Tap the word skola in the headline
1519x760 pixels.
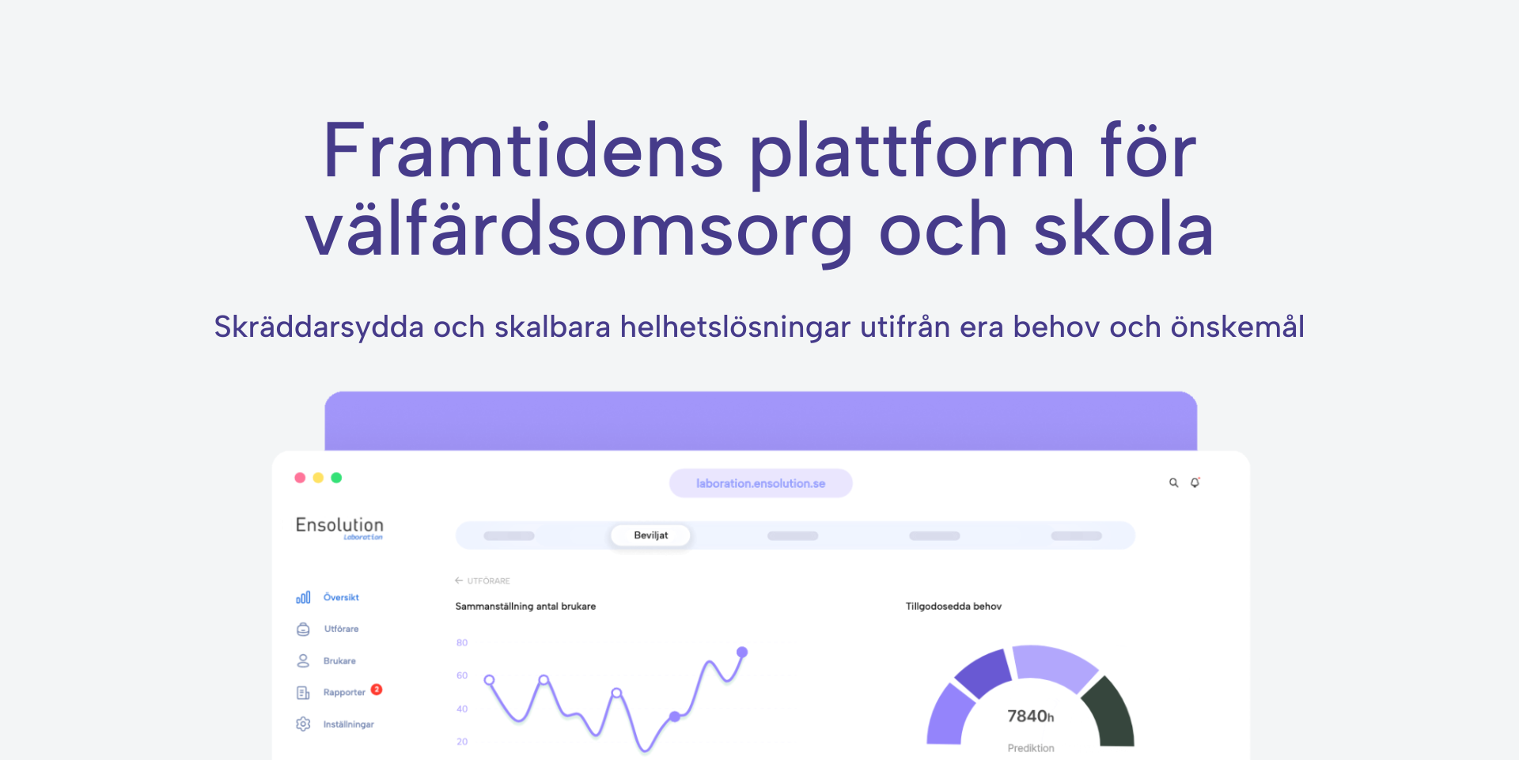tap(1123, 228)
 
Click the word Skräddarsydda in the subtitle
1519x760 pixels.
tap(319, 327)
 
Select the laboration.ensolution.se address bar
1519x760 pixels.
tap(760, 483)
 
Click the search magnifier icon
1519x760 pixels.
tap(1174, 482)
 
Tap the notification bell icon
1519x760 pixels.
tap(1195, 482)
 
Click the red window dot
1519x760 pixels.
tap(300, 478)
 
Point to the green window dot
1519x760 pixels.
tap(336, 478)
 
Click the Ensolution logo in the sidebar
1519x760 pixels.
tap(339, 527)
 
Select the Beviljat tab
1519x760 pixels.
tap(650, 535)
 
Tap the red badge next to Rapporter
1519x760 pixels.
tap(377, 690)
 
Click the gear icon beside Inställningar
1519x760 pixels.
tap(303, 724)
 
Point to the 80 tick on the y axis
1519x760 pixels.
tap(462, 643)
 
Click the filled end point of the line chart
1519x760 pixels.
tap(742, 652)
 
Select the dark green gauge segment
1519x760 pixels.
tap(1110, 709)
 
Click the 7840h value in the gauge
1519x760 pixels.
tap(1030, 717)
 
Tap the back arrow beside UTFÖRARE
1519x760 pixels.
tap(459, 580)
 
